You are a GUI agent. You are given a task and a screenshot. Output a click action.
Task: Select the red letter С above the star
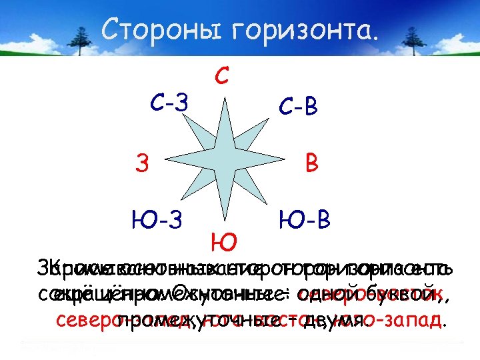(x=223, y=75)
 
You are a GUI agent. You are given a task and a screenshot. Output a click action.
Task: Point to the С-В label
(x=297, y=106)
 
